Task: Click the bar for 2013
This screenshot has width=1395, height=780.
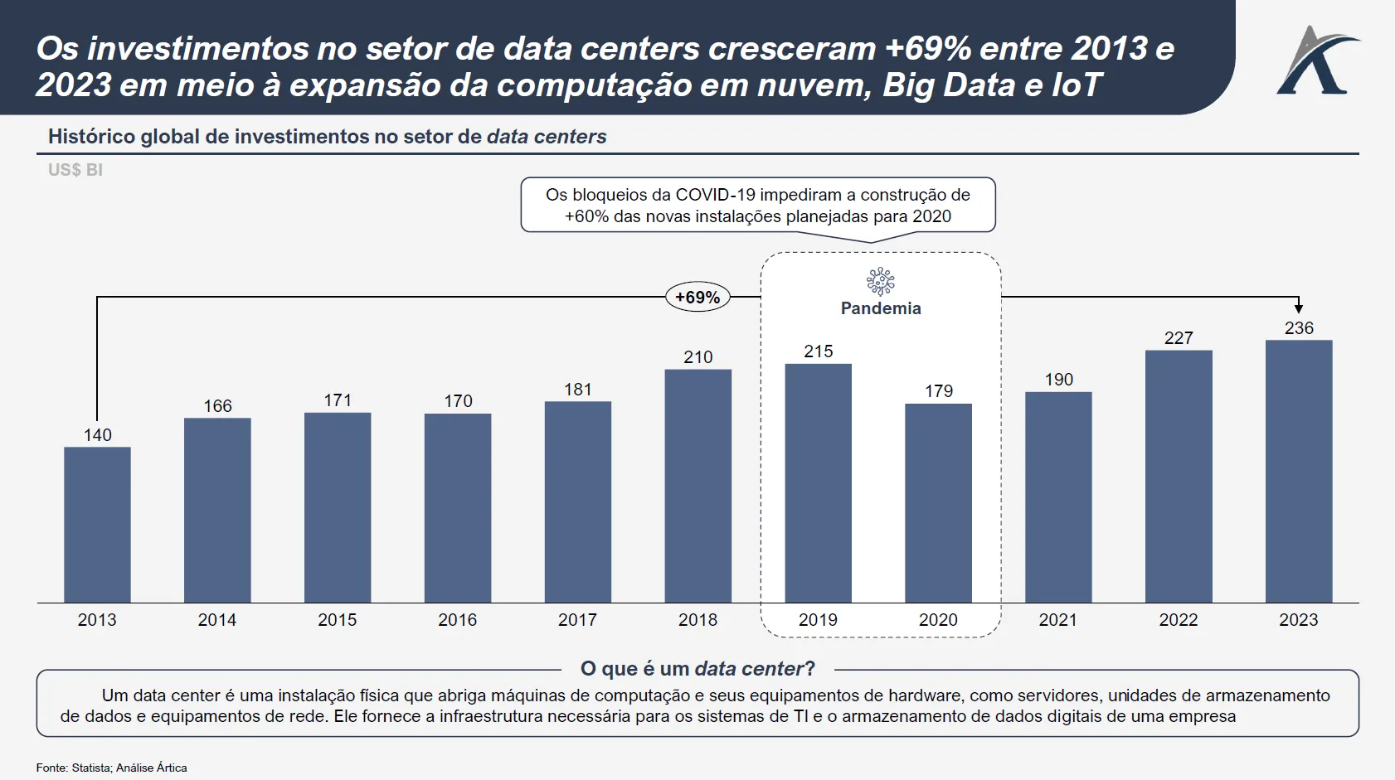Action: (97, 525)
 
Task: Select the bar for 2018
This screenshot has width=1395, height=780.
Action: (698, 486)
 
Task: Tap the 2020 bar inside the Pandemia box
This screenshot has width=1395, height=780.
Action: (938, 503)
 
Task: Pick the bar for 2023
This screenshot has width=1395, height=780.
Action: (1299, 471)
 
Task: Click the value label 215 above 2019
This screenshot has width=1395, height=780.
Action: (819, 351)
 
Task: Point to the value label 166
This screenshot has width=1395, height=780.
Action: (218, 406)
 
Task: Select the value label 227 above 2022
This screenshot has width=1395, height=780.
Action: (1179, 338)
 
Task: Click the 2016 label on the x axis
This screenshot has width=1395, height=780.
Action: (458, 620)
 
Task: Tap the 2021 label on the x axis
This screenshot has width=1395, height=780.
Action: (1058, 620)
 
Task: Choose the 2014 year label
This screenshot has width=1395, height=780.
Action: (217, 620)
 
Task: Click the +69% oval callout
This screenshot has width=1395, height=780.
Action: (697, 297)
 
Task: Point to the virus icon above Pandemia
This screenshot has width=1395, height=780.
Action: (880, 282)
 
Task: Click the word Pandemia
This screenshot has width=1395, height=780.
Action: (881, 308)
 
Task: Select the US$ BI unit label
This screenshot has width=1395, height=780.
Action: (75, 170)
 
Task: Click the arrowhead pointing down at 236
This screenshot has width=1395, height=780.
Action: (1299, 308)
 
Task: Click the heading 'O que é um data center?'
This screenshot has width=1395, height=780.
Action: (697, 669)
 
